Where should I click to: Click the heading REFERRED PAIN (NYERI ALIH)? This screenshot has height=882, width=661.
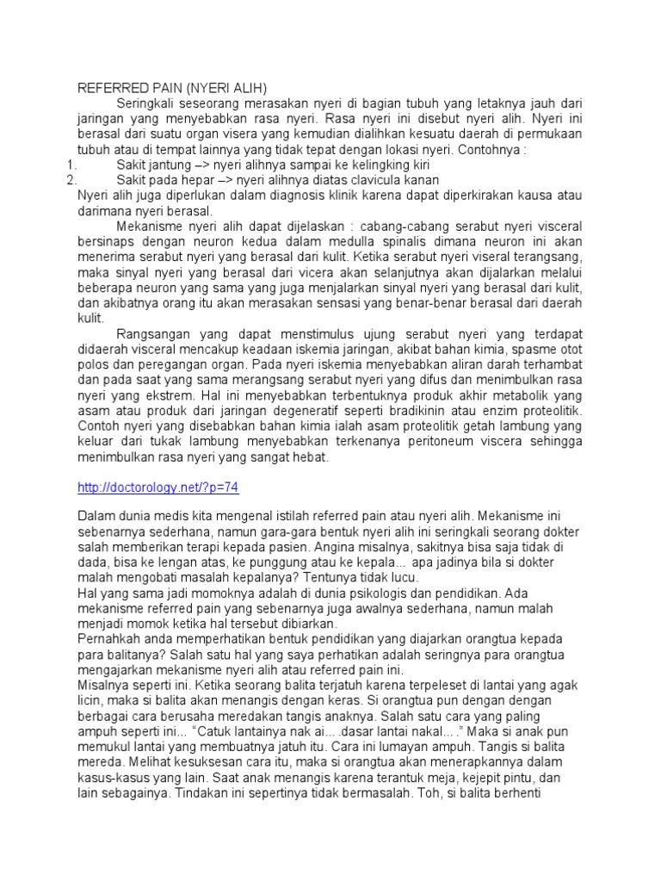[173, 88]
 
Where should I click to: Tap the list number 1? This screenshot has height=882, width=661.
[72, 164]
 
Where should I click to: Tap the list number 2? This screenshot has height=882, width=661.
[72, 179]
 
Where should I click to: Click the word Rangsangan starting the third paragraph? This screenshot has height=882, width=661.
[151, 332]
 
